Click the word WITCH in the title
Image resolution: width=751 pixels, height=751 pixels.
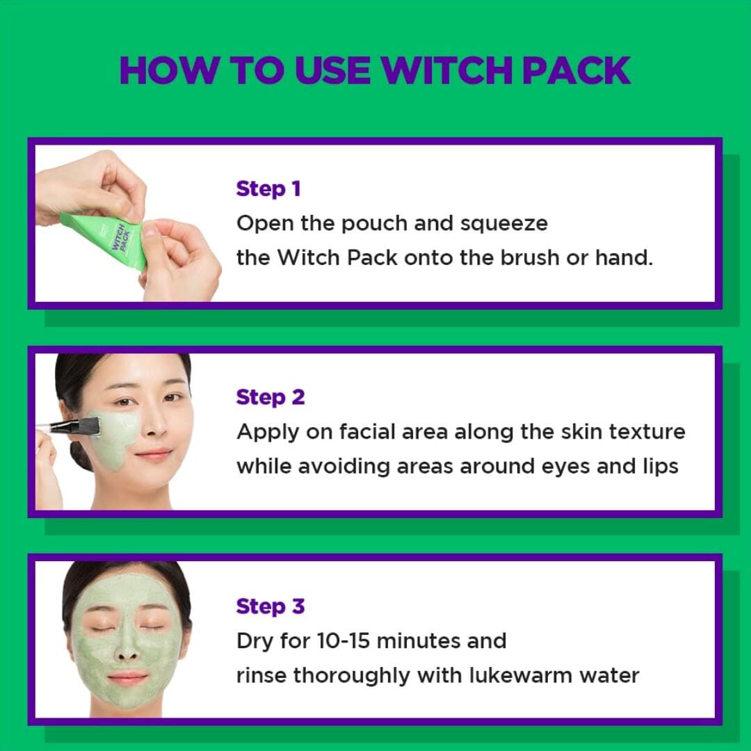click(x=447, y=70)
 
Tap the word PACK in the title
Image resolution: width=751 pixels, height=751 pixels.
click(x=576, y=70)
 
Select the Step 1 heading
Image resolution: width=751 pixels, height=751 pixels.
click(x=268, y=189)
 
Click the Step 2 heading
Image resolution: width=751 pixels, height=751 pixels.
click(x=270, y=398)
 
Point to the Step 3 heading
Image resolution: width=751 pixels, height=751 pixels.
click(x=270, y=607)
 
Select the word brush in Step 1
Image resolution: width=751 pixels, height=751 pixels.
click(x=530, y=257)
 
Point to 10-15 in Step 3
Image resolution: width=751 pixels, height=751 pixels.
click(x=344, y=641)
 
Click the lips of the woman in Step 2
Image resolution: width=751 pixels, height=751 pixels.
click(x=152, y=453)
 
